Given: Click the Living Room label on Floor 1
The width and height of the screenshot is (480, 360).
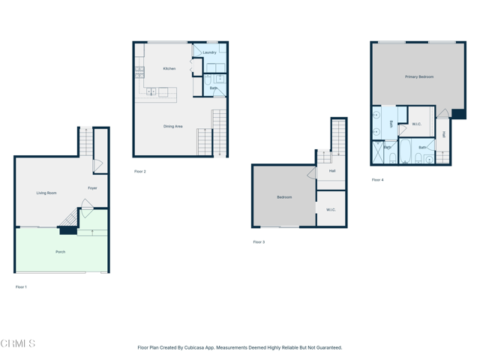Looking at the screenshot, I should tap(46, 193).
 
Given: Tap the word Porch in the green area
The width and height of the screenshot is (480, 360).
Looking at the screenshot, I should tap(61, 252).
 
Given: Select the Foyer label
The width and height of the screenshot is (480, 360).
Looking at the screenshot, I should tap(92, 188).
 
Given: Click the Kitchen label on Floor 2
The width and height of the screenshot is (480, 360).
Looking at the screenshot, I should tap(169, 69).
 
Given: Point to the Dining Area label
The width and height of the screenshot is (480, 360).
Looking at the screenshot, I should tap(173, 127).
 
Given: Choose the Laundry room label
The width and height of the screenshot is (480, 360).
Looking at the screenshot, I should tap(209, 52).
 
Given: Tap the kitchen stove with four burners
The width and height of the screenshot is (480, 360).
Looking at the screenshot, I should tap(139, 73).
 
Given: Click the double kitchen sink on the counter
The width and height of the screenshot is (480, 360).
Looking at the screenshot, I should tap(151, 92).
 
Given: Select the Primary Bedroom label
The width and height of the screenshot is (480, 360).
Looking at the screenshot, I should tap(419, 76).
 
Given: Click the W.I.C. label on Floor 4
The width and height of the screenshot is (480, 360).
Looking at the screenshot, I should tap(417, 124).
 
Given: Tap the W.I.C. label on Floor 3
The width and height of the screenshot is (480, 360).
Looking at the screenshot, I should tap(331, 210).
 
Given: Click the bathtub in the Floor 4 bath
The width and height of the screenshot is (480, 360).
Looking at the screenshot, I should tap(405, 150).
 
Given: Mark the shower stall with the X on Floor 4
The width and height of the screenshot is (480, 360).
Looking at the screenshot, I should tap(378, 153).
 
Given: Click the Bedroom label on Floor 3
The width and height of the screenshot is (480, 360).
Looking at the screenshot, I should tap(284, 197).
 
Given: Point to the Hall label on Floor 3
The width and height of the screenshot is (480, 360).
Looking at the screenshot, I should tap(332, 171).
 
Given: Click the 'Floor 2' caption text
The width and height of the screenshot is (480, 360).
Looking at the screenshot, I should tap(140, 172).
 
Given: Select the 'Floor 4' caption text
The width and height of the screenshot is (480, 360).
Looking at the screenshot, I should tap(377, 180).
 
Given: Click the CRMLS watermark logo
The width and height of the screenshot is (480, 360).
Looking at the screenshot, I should tap(18, 343).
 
